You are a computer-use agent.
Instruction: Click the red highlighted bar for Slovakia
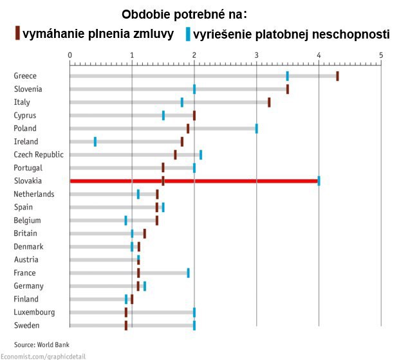coord(193,181)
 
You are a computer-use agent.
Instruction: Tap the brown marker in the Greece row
coord(337,76)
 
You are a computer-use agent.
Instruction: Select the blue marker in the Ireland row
coord(95,141)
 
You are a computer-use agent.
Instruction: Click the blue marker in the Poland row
coord(256,128)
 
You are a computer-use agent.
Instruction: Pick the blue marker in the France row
coord(188,273)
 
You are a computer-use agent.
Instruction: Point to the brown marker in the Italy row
coord(269,102)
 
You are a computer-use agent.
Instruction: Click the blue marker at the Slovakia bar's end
coord(319,181)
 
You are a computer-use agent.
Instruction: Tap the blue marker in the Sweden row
coord(194,325)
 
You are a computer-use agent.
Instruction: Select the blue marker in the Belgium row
coord(125,221)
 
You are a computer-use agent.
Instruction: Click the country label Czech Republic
coord(39,154)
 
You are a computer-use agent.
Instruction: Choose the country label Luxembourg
coord(34,312)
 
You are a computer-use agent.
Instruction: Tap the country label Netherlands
coord(34,194)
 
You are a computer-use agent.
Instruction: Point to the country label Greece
coord(25,76)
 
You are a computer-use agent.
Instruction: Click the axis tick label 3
coord(256,55)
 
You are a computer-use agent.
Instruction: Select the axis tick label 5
coord(381,55)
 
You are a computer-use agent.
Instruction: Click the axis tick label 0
coord(70,55)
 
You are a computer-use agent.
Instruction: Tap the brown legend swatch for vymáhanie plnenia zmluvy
coord(18,33)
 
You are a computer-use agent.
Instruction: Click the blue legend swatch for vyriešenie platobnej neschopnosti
coord(188,33)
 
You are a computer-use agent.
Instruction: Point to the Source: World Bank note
coord(41,344)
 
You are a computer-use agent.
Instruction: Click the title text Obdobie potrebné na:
coord(185,14)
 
